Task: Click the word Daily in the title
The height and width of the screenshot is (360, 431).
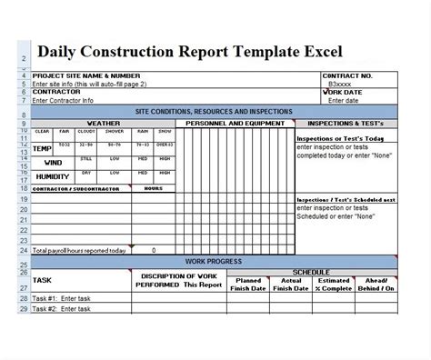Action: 59,51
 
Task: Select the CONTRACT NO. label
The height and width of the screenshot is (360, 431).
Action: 349,75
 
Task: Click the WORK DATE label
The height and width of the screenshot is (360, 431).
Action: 346,91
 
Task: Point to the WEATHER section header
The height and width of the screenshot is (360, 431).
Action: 102,122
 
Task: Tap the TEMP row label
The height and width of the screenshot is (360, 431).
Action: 42,148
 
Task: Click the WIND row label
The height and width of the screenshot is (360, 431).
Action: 42,163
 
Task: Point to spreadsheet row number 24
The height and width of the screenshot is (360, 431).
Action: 23,249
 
